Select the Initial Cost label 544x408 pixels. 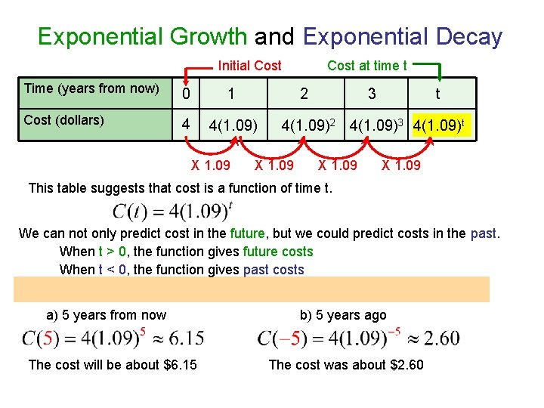(x=249, y=66)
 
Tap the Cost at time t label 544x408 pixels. (x=366, y=66)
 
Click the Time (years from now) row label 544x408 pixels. (x=91, y=88)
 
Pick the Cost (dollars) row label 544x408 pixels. (x=64, y=120)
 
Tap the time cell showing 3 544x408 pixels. (x=371, y=94)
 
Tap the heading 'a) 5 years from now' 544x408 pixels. (x=107, y=315)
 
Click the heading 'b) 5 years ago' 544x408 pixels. (x=343, y=315)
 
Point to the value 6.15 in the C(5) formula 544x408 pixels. (x=187, y=338)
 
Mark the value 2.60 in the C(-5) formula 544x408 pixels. (x=442, y=338)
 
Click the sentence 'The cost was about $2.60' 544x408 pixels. (x=346, y=365)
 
